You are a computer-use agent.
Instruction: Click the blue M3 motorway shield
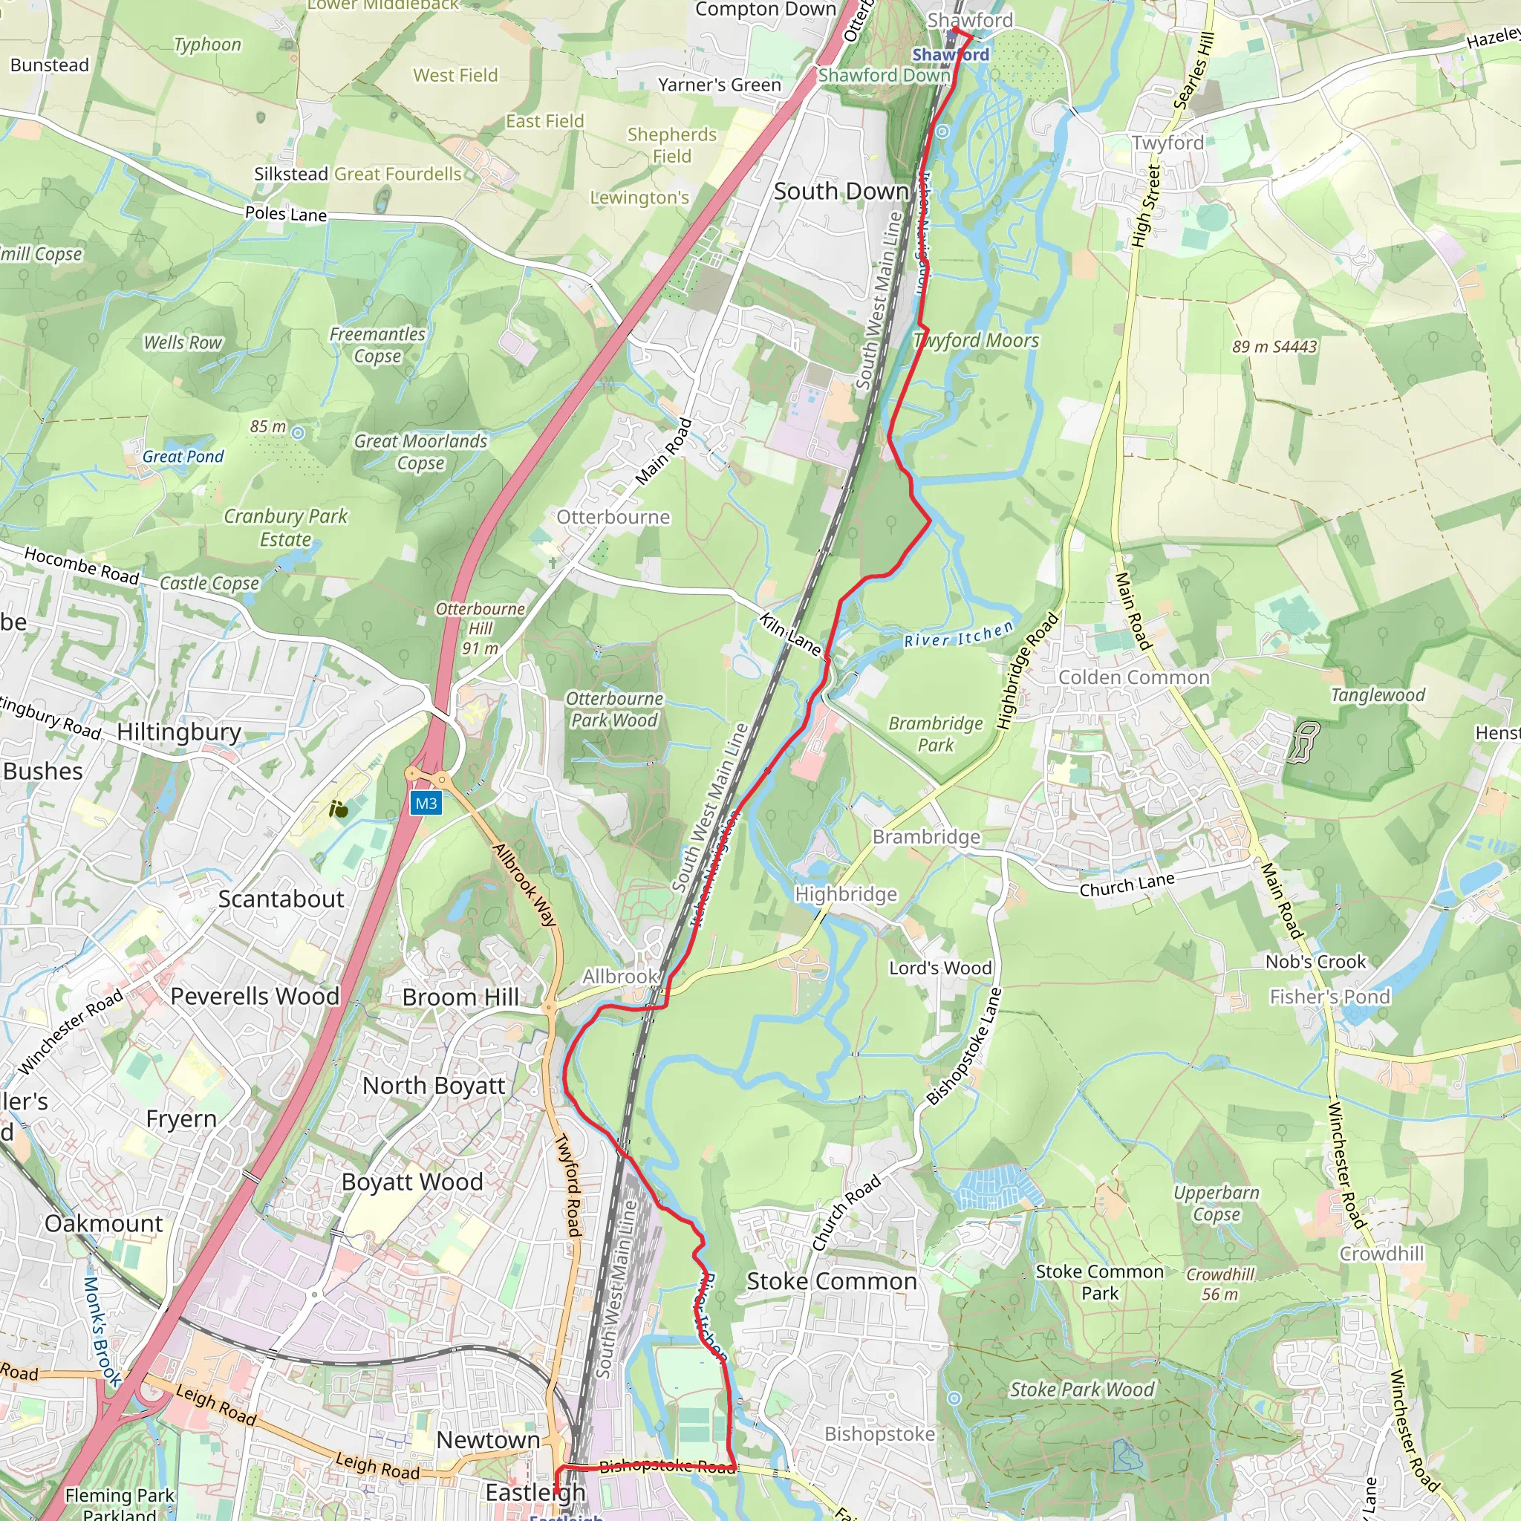[426, 803]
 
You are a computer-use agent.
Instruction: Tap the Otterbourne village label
[613, 517]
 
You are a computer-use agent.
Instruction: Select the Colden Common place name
[1133, 678]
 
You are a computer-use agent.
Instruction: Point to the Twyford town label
[1167, 143]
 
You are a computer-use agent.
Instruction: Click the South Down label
[841, 192]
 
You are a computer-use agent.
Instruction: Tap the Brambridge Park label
[935, 734]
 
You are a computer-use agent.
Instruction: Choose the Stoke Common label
[831, 1282]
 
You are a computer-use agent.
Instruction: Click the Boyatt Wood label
[411, 1182]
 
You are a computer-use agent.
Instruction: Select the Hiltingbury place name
[179, 732]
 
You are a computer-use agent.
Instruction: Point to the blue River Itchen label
[959, 634]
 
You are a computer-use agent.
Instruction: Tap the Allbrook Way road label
[524, 884]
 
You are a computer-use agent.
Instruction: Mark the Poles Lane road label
[286, 213]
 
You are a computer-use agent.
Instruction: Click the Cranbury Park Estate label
[285, 527]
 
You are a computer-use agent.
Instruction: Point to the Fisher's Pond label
[1329, 997]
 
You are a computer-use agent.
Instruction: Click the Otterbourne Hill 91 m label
[481, 628]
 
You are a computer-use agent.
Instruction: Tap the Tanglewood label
[1378, 695]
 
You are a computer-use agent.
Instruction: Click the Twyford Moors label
[976, 341]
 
